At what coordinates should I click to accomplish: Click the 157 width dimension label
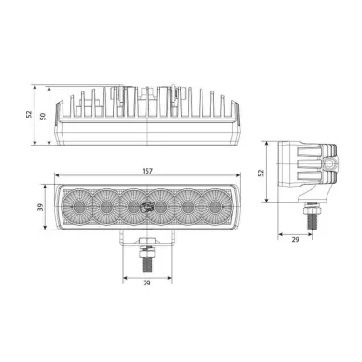tap(147, 171)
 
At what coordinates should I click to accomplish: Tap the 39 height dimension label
tap(40, 207)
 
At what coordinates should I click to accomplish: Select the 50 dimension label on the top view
tap(43, 117)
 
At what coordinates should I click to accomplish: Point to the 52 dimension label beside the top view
tap(29, 114)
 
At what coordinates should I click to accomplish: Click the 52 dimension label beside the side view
tap(261, 173)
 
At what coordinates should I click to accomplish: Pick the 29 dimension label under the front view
tap(146, 283)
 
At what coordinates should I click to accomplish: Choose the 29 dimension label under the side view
tap(295, 239)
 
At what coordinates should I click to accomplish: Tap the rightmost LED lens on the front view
tap(216, 206)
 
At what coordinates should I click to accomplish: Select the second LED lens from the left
tap(106, 206)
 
